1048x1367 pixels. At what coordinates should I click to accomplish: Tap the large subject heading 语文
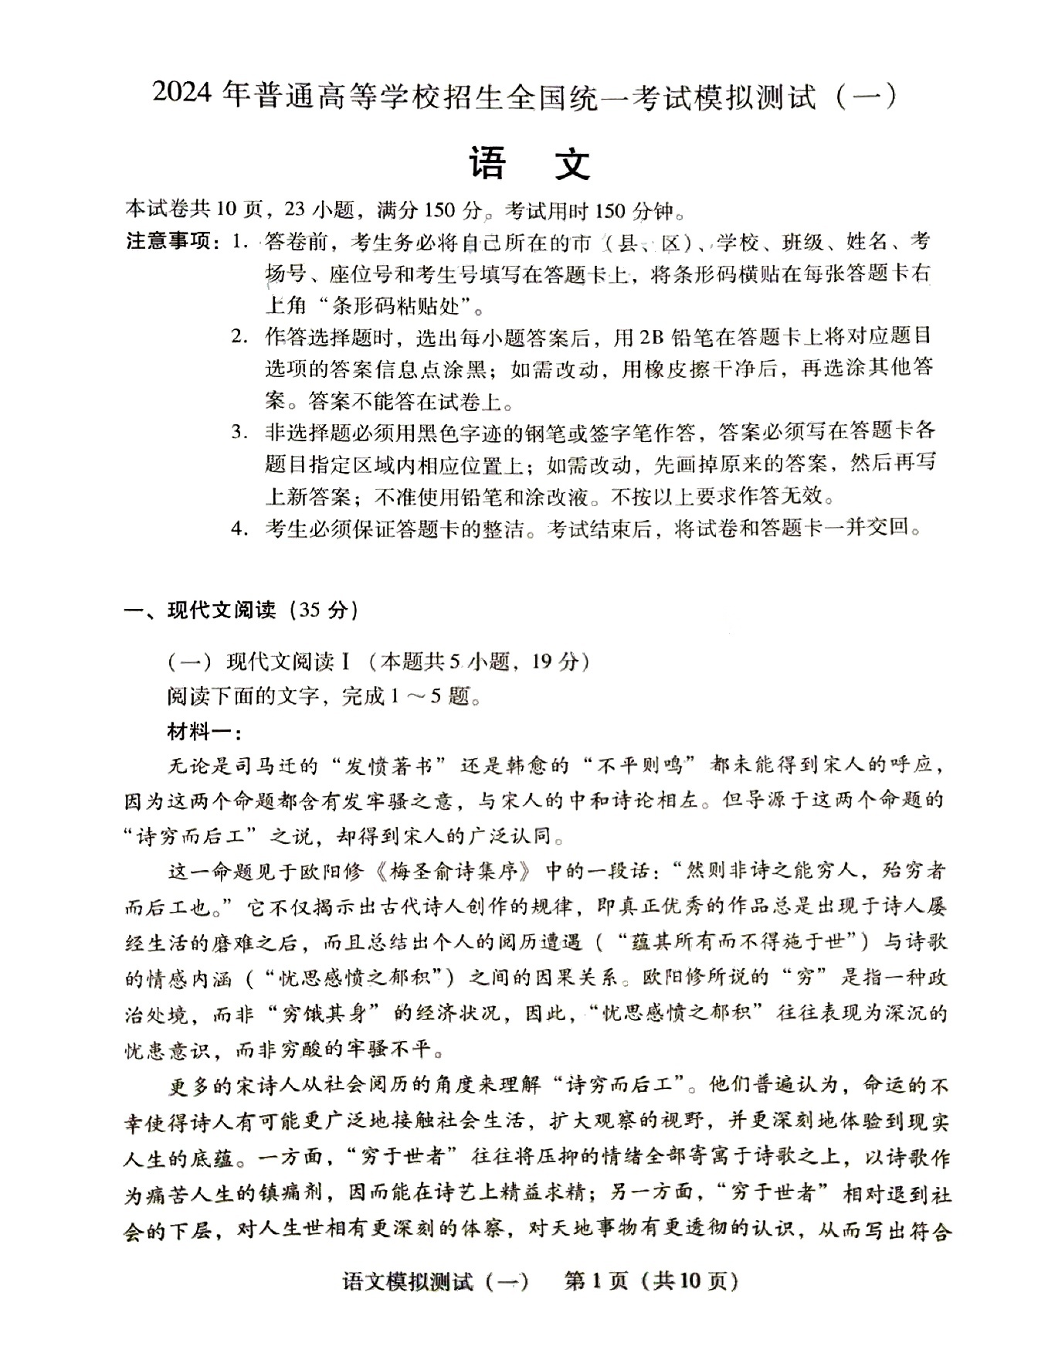529,163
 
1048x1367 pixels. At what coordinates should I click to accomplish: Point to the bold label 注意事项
169,242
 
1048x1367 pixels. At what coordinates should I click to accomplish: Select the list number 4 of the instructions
239,529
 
